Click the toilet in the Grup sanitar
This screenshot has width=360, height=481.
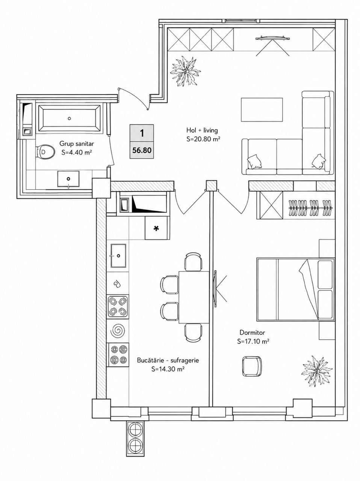[x=45, y=152]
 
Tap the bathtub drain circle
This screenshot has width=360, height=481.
[x=69, y=118]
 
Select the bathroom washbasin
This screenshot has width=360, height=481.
[x=68, y=179]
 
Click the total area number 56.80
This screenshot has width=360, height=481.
[x=142, y=150]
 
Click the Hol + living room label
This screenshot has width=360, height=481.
[x=202, y=130]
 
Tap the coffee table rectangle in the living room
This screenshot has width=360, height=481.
[x=262, y=110]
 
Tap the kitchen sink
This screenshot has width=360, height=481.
[x=118, y=256]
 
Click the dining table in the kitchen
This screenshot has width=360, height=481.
[x=194, y=297]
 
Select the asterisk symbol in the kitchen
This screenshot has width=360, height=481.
[x=156, y=229]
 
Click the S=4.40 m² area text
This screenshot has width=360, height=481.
[x=76, y=153]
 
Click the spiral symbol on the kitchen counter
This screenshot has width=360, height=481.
[x=118, y=329]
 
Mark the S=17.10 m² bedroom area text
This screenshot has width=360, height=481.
[x=253, y=342]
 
